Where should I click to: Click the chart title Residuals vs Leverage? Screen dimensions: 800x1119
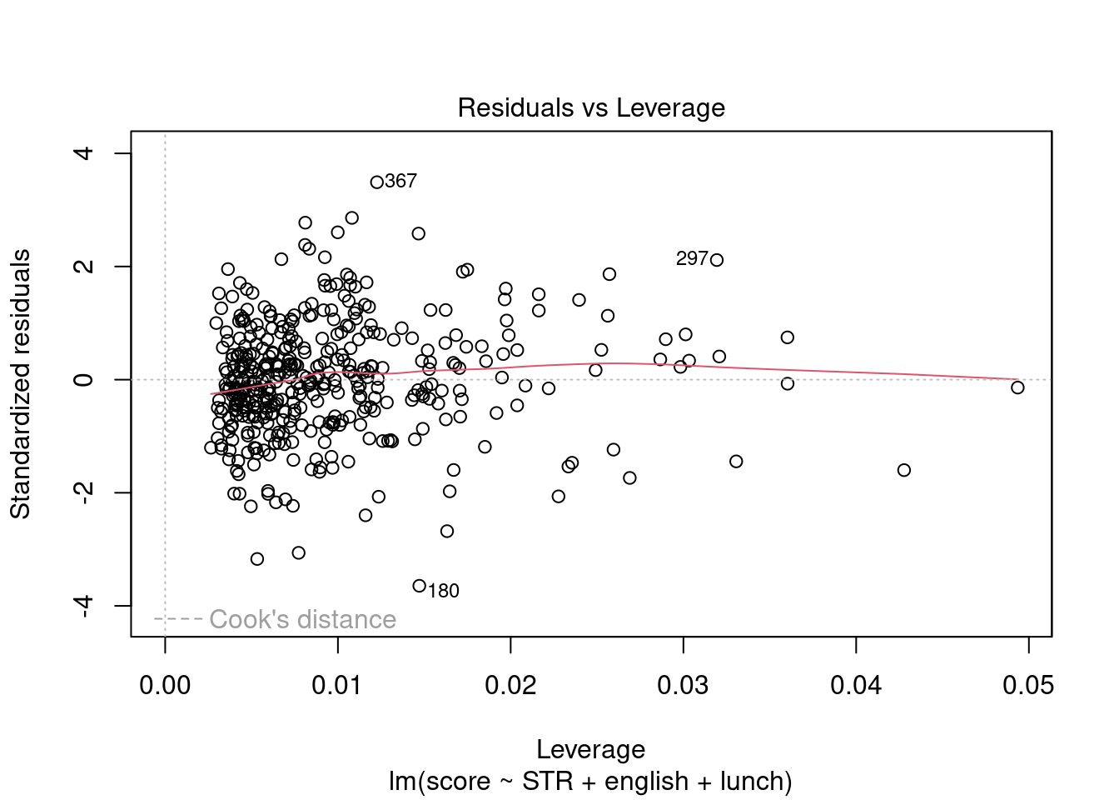(591, 108)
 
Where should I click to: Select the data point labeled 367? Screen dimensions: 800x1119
(376, 182)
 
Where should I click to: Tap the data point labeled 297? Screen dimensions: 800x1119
(717, 260)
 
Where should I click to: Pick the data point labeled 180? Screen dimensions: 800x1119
(420, 586)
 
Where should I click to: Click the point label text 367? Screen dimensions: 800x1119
(401, 182)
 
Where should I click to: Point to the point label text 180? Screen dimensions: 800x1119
(444, 591)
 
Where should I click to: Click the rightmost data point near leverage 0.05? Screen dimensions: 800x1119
(1017, 387)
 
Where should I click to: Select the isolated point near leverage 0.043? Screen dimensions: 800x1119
(904, 470)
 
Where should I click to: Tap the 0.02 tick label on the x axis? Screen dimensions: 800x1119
(510, 686)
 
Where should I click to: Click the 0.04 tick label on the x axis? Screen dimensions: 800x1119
(856, 686)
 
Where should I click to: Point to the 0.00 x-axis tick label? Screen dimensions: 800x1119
(165, 686)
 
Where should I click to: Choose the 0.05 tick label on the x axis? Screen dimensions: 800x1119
(1028, 686)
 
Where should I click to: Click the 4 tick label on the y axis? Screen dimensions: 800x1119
(83, 153)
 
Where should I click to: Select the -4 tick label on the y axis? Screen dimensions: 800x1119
(83, 606)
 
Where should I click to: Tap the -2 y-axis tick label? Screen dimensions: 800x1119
(83, 492)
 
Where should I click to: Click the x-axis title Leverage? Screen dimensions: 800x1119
(591, 749)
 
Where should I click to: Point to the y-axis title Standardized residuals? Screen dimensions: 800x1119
(20, 383)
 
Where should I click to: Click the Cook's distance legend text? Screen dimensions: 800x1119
(302, 620)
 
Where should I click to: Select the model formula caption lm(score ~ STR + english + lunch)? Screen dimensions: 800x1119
(591, 782)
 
